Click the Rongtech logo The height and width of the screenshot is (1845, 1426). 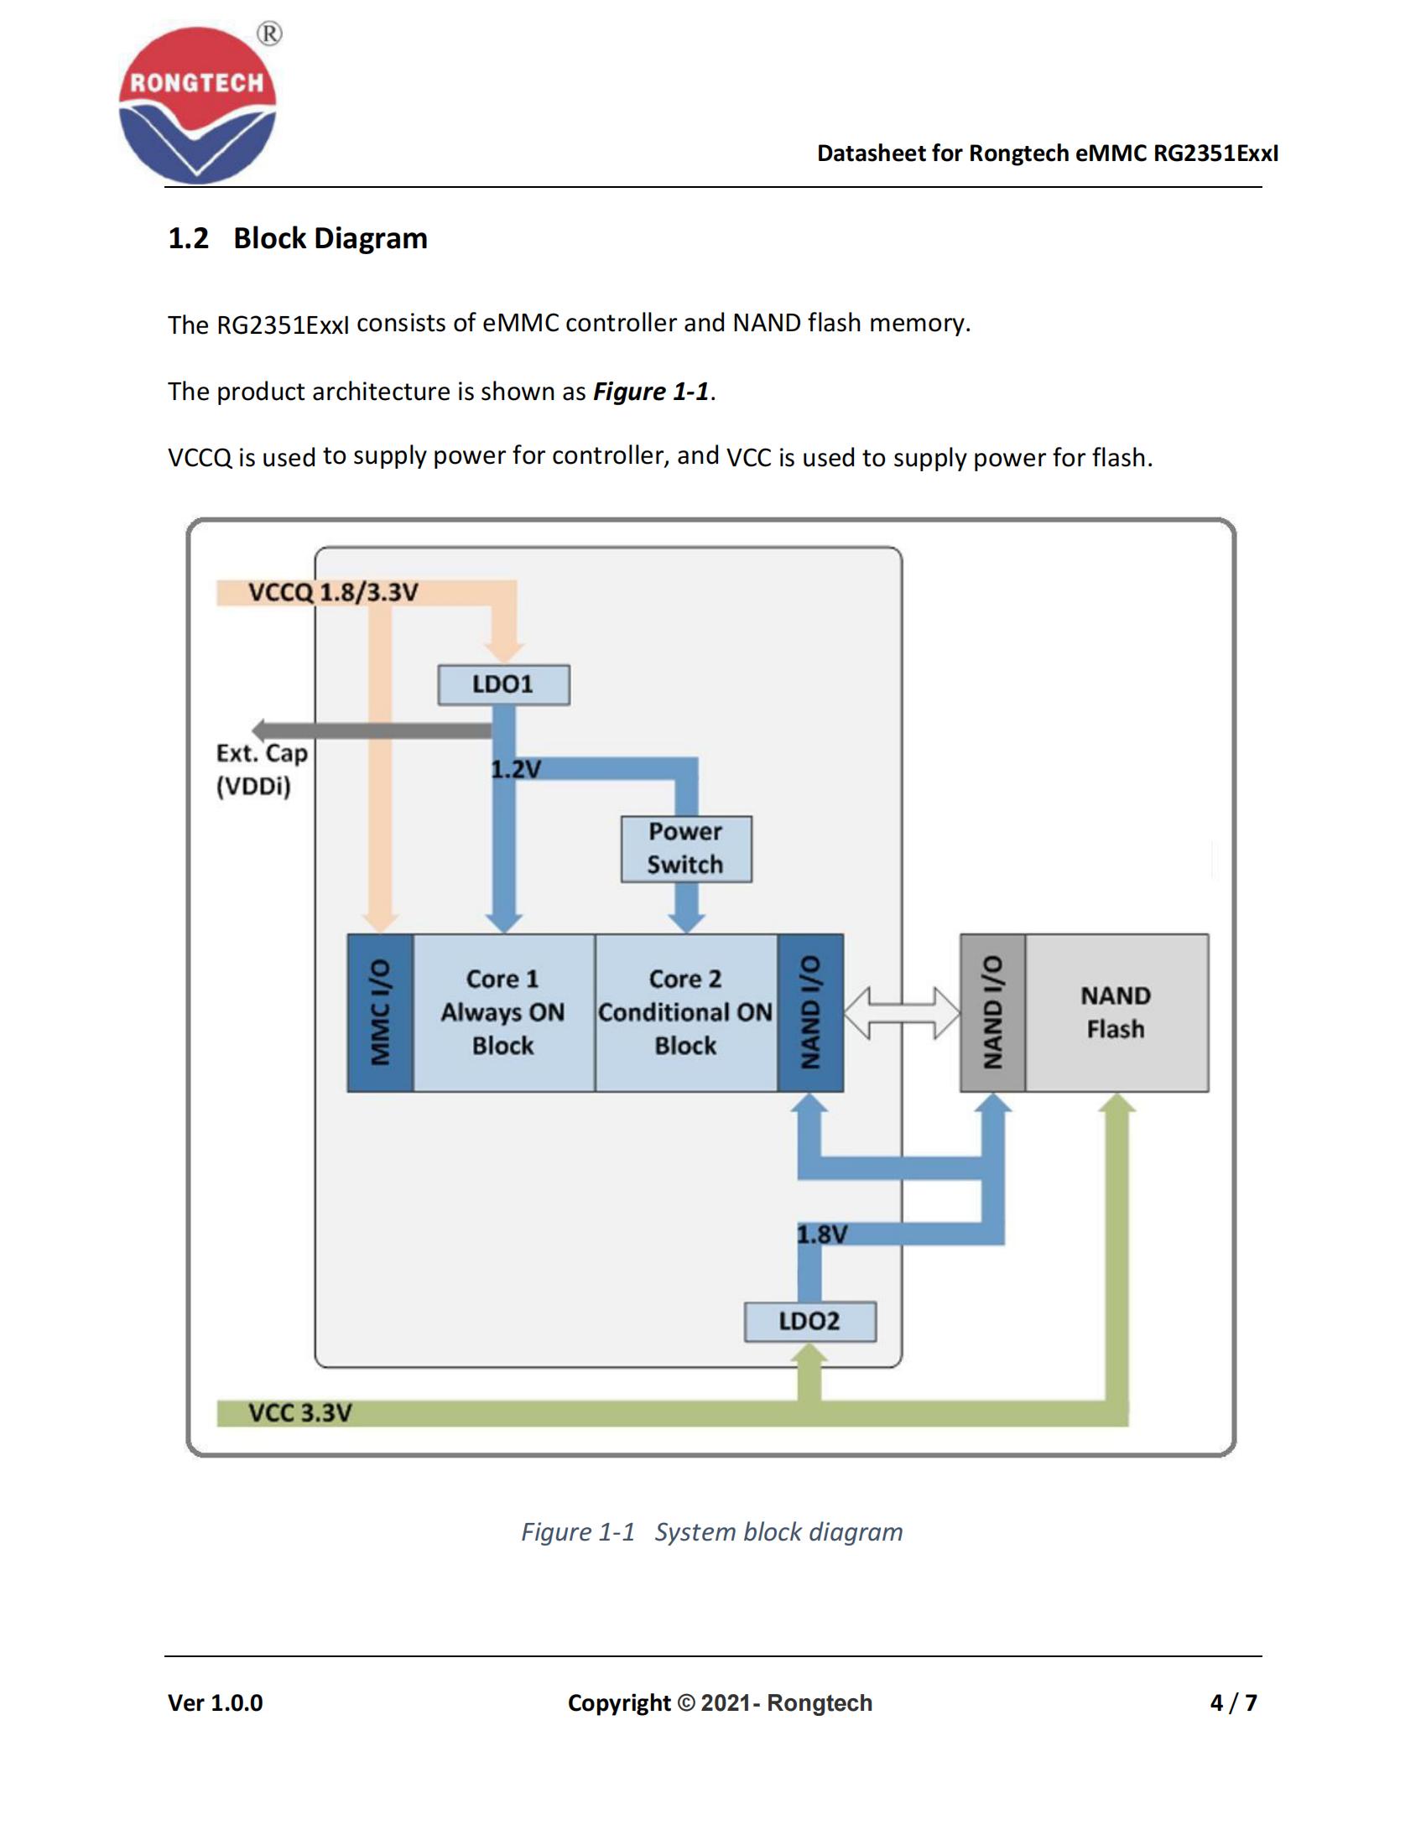[x=198, y=105]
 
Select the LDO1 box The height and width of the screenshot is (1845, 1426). [x=503, y=684]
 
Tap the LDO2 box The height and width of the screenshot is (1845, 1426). [x=809, y=1321]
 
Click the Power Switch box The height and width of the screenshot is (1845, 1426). [x=686, y=849]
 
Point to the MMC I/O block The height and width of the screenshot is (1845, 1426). [x=380, y=1012]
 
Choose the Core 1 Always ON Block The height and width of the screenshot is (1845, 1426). [x=503, y=1012]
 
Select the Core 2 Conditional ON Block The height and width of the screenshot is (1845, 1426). [x=685, y=1012]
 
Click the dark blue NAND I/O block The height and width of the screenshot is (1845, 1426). [x=810, y=1012]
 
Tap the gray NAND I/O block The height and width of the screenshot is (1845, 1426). [x=992, y=1012]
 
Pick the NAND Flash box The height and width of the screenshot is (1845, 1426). [x=1116, y=1012]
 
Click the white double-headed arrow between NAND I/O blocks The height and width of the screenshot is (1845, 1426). [x=902, y=1012]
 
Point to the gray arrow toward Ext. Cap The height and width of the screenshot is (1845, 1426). [x=372, y=730]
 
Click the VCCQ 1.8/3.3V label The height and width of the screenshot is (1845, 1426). [x=333, y=592]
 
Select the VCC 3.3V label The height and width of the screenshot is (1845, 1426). [x=300, y=1412]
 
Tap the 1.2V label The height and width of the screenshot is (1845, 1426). [x=515, y=769]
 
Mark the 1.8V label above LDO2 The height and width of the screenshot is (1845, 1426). [x=821, y=1234]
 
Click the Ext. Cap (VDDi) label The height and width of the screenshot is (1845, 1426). [x=261, y=770]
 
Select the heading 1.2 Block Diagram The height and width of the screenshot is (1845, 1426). [x=298, y=238]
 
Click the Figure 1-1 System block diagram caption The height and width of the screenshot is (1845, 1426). [x=711, y=1531]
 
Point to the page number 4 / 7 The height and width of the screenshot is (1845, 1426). [x=1232, y=1702]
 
